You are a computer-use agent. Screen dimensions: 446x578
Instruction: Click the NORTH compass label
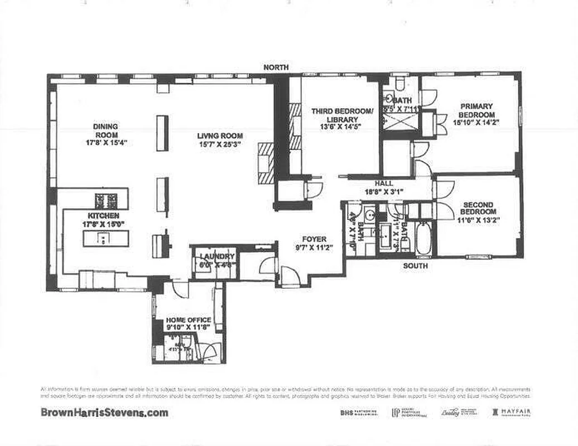[x=276, y=67]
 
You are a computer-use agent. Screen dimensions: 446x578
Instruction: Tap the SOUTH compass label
[x=416, y=266]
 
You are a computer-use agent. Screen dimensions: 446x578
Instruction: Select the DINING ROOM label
[x=105, y=130]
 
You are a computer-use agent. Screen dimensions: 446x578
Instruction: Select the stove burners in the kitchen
[x=107, y=200]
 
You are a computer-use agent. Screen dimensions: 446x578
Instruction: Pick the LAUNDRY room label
[x=217, y=256]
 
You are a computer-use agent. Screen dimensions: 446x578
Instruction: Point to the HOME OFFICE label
[x=189, y=320]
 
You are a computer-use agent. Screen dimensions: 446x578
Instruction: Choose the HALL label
[x=384, y=183]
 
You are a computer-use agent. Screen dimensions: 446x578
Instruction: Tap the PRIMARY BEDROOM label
[x=476, y=110]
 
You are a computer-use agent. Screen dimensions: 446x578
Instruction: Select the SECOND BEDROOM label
[x=479, y=208]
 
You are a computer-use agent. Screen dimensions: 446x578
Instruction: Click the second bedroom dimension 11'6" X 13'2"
[x=479, y=220]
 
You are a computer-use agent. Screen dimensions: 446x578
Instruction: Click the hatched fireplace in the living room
[x=266, y=162]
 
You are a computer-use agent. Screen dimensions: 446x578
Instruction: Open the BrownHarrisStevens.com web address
[x=104, y=413]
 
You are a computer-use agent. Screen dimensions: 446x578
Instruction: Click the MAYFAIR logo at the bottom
[x=511, y=413]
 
